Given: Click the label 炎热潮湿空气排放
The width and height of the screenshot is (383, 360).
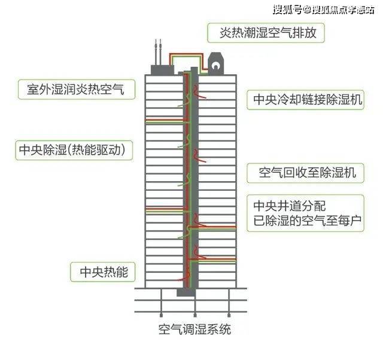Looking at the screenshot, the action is [268, 33].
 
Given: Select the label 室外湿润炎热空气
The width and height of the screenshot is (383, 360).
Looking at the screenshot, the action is [76, 89].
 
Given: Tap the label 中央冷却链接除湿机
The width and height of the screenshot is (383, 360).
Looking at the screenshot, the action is [308, 100].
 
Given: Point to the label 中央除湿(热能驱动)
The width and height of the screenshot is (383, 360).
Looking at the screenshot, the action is [72, 150].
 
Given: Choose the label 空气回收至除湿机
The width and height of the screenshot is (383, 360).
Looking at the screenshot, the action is [307, 173].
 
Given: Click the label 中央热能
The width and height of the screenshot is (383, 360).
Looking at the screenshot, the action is [104, 271].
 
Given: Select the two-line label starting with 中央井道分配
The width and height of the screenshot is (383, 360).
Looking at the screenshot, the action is [307, 213].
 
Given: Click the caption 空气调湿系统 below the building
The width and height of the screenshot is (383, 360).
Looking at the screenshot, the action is [194, 330].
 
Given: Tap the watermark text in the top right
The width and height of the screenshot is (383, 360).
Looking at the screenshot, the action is [323, 10].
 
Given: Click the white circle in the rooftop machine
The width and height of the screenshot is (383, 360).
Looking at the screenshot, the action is [215, 65].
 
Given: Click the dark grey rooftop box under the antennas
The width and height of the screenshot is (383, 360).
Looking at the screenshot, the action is [162, 70].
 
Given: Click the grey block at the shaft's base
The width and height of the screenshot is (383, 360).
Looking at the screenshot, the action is [186, 292].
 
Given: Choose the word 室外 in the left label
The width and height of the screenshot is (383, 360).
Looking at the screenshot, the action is [39, 89].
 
